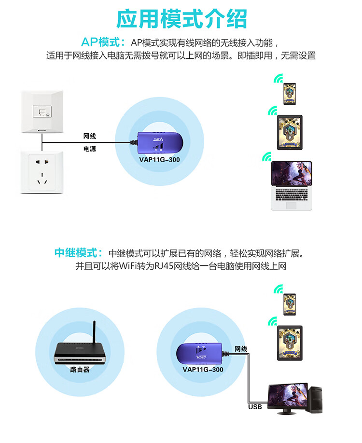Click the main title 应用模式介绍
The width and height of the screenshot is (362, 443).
click(181, 19)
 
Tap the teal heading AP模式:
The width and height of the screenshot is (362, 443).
click(103, 42)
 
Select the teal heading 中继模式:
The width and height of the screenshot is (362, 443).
click(79, 252)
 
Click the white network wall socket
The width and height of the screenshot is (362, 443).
click(42, 111)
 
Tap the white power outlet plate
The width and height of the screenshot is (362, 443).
click(42, 172)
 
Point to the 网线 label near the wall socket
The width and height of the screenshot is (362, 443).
click(90, 136)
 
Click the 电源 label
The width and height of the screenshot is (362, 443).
click(90, 149)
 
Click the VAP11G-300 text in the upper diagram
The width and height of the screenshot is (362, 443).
click(160, 160)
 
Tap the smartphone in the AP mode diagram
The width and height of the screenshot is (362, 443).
click(290, 94)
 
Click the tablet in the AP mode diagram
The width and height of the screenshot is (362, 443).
click(290, 132)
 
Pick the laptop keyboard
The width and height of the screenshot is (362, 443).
click(292, 194)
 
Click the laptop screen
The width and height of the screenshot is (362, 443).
click(292, 173)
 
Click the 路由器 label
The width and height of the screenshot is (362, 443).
click(80, 370)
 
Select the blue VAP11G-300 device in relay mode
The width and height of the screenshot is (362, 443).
click(201, 352)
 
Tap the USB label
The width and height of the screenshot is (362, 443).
click(255, 407)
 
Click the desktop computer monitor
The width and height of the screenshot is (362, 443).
click(288, 397)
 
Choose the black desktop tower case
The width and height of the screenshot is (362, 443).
click(315, 400)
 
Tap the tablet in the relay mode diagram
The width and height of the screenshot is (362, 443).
click(290, 343)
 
